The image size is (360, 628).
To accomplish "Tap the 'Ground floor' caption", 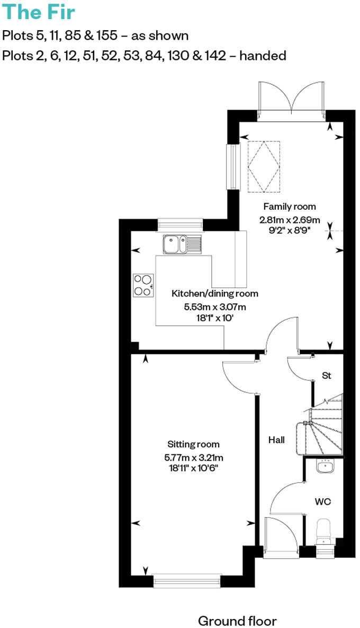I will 237,621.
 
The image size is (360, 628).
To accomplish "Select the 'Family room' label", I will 290,207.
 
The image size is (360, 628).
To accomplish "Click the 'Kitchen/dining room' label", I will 214,293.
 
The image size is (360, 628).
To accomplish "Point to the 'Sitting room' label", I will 193,444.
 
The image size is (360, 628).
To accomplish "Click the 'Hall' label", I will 276,439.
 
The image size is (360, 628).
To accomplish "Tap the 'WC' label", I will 322,501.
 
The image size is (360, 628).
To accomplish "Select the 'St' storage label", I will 326,375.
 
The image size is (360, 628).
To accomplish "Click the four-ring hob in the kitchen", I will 143,285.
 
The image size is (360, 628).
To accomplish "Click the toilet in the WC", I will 323,531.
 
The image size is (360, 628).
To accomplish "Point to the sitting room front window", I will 186,581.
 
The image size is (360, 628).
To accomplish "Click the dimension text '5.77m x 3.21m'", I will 194,457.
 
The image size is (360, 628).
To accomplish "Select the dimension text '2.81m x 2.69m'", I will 290,220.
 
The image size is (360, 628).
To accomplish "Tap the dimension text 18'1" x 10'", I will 214,319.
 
